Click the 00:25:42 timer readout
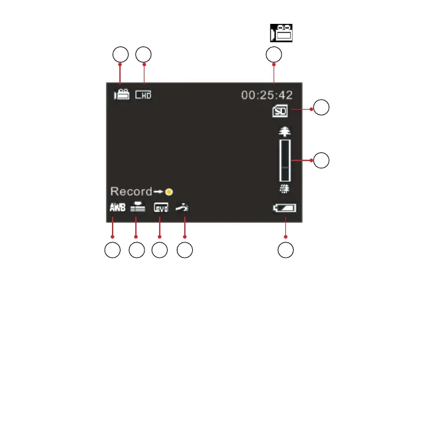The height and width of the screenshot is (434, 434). [x=267, y=95]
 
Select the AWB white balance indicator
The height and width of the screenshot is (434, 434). [x=117, y=208]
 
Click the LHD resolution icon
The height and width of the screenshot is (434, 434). [x=143, y=95]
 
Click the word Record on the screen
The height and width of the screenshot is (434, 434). [x=130, y=191]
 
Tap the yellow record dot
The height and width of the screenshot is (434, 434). [x=168, y=192]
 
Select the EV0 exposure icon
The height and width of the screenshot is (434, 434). [x=160, y=208]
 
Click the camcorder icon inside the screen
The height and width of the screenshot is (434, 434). [x=121, y=95]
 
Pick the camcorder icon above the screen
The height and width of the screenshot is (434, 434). [x=282, y=33]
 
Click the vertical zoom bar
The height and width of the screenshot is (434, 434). [x=285, y=159]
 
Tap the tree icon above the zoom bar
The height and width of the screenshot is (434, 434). [x=285, y=131]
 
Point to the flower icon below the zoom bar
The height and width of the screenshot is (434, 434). [x=285, y=189]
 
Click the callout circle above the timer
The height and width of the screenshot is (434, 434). [x=274, y=54]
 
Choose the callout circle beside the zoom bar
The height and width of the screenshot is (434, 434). [x=322, y=161]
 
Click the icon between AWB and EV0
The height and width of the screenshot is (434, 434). [x=137, y=208]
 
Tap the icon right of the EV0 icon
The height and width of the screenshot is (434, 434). [x=182, y=208]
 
